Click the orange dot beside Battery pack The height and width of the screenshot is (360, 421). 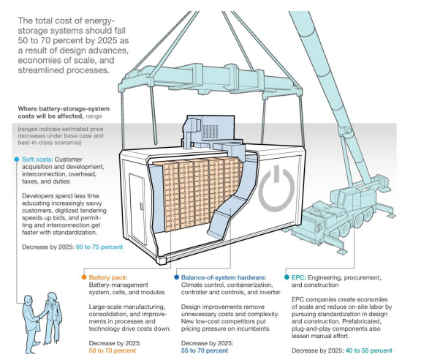click(84, 277)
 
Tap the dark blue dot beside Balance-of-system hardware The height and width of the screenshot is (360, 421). click(176, 277)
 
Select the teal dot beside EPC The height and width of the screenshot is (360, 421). click(287, 277)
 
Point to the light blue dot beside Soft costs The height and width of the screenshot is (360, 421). click(17, 160)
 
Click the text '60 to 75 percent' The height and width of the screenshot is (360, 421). click(99, 247)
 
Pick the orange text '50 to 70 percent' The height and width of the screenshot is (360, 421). click(113, 350)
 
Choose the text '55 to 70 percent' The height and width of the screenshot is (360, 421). click(205, 350)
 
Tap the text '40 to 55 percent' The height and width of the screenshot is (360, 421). click(368, 350)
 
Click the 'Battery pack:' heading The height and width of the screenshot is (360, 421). click(108, 277)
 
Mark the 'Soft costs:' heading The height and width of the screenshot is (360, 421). click(37, 160)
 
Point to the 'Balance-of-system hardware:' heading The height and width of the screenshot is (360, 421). click(224, 277)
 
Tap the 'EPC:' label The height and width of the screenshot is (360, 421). click(298, 277)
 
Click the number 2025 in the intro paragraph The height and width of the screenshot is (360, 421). click(107, 40)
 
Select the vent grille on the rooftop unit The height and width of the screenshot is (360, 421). click(210, 132)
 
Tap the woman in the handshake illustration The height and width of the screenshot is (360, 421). click(53, 318)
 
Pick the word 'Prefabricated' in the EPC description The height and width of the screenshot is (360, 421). click(363, 321)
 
